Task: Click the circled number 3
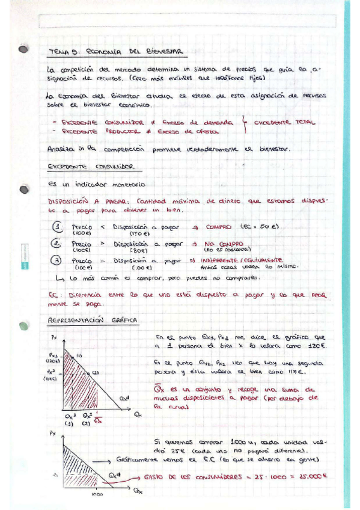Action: (56, 261)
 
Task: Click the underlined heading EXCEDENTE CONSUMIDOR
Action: (90, 167)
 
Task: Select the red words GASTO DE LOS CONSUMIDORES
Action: (186, 476)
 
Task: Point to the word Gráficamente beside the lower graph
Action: (138, 458)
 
